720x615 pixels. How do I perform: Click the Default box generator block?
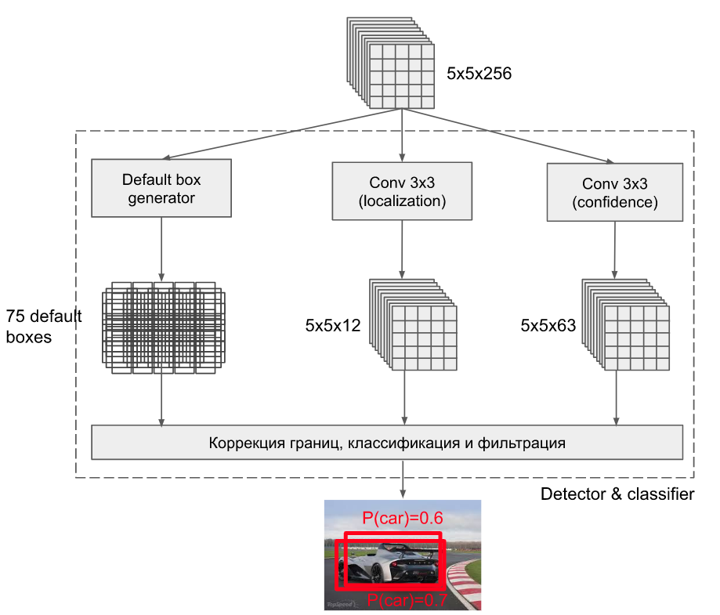tap(161, 188)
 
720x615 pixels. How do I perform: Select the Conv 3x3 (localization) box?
tap(402, 191)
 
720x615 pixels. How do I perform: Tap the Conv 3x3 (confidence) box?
tap(614, 193)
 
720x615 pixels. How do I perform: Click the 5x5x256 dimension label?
tap(479, 74)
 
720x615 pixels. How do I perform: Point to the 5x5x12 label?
tap(333, 325)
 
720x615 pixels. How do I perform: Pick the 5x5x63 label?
tap(548, 325)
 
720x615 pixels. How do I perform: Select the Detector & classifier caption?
tap(617, 494)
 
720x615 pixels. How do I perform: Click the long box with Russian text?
tap(387, 443)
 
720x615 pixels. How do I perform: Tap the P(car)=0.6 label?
tap(403, 519)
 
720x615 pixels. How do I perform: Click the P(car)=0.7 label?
tap(407, 601)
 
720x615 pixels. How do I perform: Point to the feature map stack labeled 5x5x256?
tap(391, 65)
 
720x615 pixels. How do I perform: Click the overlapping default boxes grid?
tap(163, 325)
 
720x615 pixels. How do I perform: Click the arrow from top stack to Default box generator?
tap(282, 135)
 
